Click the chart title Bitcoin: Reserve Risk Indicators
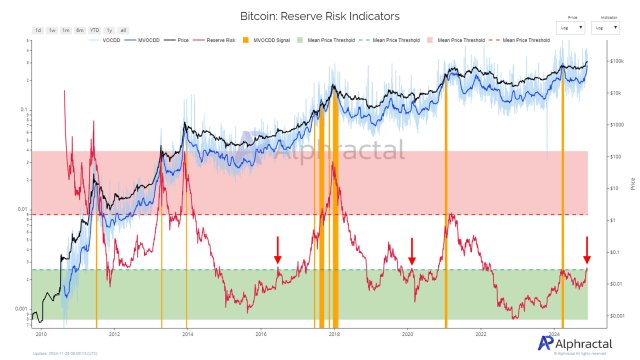[x=319, y=17]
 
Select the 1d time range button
[x=38, y=30]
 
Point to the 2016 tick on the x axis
[x=260, y=334]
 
